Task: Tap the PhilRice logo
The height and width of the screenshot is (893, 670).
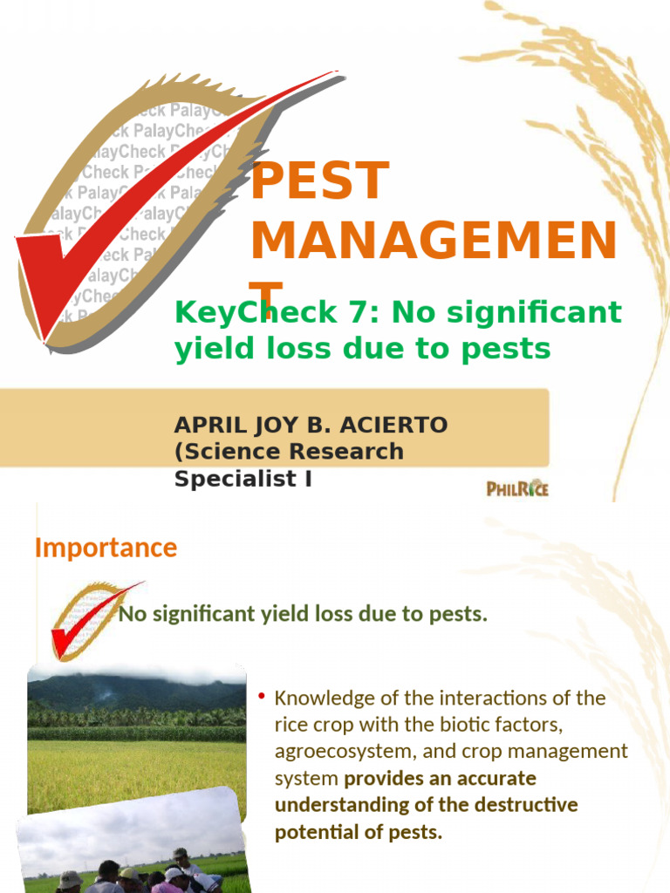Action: click(517, 488)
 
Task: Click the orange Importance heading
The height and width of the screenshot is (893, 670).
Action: click(106, 548)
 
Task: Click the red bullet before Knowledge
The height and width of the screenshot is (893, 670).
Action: click(261, 695)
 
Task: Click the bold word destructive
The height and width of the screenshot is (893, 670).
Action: click(529, 805)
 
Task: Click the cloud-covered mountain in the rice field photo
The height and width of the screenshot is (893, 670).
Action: click(131, 689)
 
